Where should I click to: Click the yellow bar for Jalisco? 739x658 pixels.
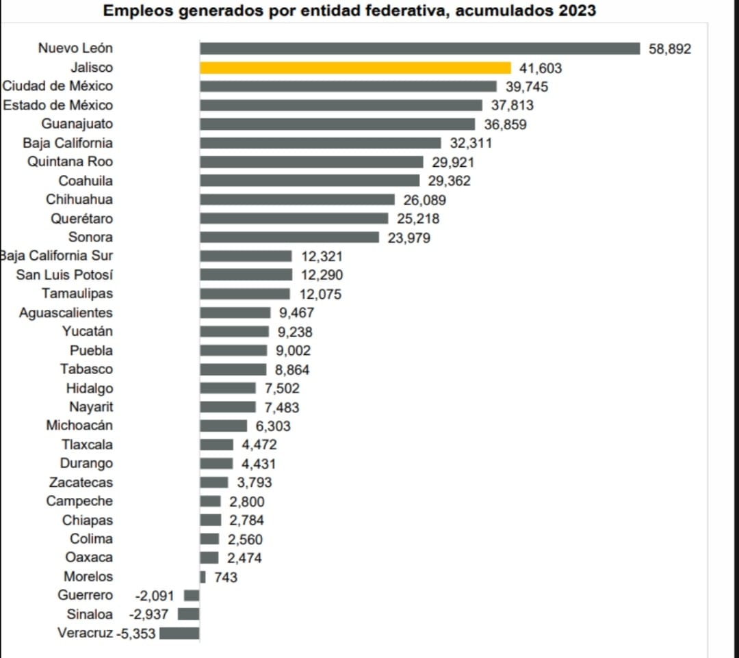tap(355, 68)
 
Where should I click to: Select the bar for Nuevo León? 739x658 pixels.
tap(419, 49)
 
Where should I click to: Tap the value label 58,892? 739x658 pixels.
tap(670, 49)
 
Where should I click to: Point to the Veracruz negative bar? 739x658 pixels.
tap(179, 633)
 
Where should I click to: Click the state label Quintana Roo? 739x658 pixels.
tap(70, 162)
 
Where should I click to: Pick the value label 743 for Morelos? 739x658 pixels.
tap(226, 577)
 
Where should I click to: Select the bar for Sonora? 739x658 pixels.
tap(289, 237)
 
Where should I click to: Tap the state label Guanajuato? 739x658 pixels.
tap(77, 124)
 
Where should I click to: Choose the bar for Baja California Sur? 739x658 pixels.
tap(246, 256)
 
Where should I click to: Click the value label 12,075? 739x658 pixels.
tap(320, 295)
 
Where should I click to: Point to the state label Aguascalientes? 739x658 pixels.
tap(66, 313)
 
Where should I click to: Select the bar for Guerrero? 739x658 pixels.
tap(192, 596)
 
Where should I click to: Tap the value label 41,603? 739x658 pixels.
tap(541, 68)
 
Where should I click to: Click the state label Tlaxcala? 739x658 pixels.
tap(88, 445)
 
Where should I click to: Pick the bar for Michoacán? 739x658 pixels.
tap(223, 426)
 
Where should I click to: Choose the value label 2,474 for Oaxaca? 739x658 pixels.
tap(244, 558)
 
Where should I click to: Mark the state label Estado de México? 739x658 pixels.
tap(58, 105)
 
